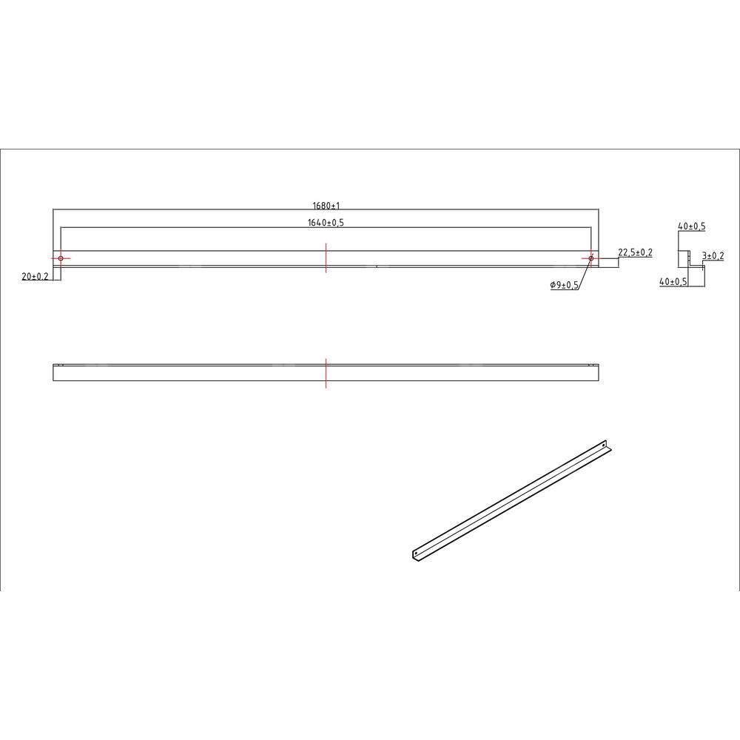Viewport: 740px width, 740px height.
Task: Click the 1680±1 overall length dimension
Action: [x=326, y=206]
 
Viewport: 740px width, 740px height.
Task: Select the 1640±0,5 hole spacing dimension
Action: [x=326, y=222]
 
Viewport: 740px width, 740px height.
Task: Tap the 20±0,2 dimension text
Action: [x=35, y=277]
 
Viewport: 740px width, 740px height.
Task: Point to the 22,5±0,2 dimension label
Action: [x=635, y=252]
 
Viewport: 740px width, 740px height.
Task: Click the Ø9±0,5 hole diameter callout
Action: [x=565, y=285]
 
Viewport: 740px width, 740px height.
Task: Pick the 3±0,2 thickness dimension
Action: [x=713, y=256]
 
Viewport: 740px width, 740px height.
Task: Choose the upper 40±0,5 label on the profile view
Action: [x=692, y=226]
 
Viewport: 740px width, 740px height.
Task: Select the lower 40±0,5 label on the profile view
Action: [x=673, y=282]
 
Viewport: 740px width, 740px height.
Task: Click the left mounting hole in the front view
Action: [x=61, y=258]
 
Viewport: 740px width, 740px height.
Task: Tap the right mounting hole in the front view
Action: [x=591, y=258]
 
